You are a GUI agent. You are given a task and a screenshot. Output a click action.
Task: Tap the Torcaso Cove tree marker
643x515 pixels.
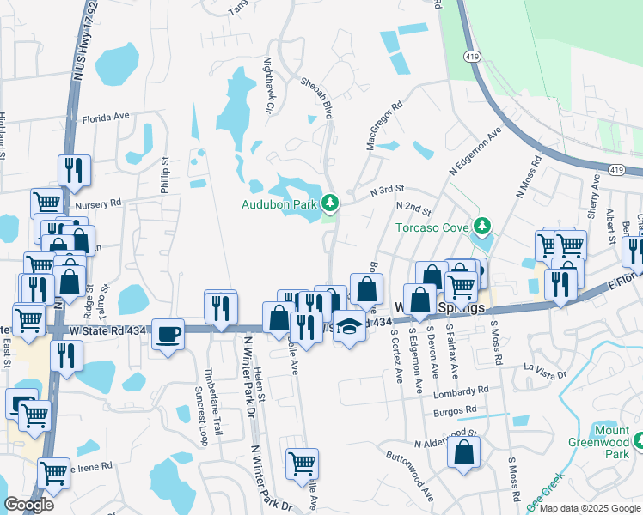(x=483, y=227)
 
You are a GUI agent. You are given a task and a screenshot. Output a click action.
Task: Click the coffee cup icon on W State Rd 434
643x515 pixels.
(x=168, y=334)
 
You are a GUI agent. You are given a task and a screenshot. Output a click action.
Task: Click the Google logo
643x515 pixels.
(x=28, y=505)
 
